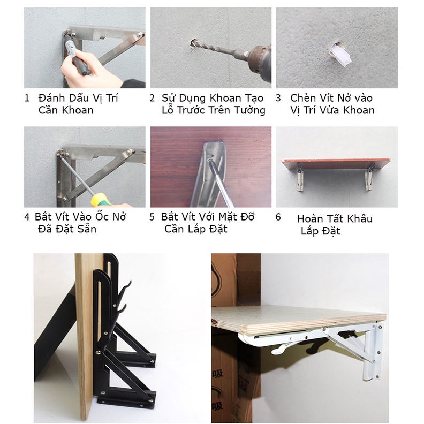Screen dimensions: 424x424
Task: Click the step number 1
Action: [x=27, y=98]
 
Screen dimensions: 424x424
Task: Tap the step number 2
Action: [x=152, y=98]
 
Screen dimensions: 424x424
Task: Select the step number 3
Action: [x=278, y=98]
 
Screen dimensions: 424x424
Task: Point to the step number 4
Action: [x=27, y=217]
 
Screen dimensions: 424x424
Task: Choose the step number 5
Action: [x=152, y=217]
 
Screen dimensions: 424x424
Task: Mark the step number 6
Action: [x=278, y=217]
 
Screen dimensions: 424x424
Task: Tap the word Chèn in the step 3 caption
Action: [x=303, y=97]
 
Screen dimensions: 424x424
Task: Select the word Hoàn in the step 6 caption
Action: [x=309, y=218]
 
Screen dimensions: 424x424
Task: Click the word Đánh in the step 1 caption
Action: [x=51, y=97]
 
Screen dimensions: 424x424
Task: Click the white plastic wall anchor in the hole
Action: [x=340, y=56]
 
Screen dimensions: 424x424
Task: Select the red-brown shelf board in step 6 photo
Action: [x=336, y=164]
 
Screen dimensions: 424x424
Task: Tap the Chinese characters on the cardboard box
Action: [x=218, y=389]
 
